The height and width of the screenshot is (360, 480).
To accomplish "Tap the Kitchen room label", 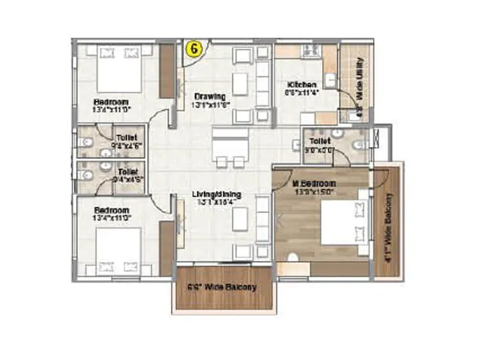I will (x=298, y=85).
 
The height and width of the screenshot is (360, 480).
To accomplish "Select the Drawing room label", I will (x=209, y=97).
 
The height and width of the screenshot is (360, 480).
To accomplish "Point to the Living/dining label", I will (x=217, y=194).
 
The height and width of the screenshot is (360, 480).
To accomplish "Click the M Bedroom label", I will (x=314, y=183).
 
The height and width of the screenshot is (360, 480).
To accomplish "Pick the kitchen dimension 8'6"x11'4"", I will (x=298, y=92).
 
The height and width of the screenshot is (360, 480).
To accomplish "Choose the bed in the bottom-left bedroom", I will (x=118, y=251).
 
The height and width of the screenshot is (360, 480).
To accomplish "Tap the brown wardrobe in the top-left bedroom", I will (x=167, y=70).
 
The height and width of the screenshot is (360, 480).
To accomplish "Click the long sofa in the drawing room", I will (x=262, y=83).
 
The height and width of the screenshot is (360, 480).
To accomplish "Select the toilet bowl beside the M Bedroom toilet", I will (x=359, y=145).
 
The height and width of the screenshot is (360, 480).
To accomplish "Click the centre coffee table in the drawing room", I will (x=240, y=83).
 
